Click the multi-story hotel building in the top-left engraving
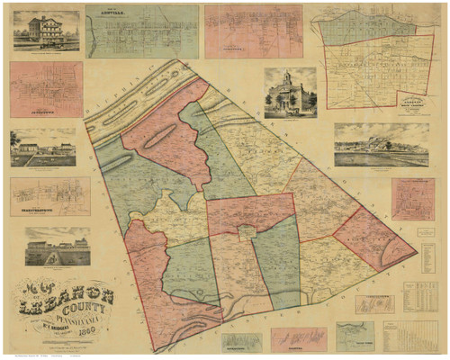coord(41,29)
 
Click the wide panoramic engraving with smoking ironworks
coord(382,145)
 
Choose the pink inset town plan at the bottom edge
coord(299,338)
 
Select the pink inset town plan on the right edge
coord(412,198)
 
